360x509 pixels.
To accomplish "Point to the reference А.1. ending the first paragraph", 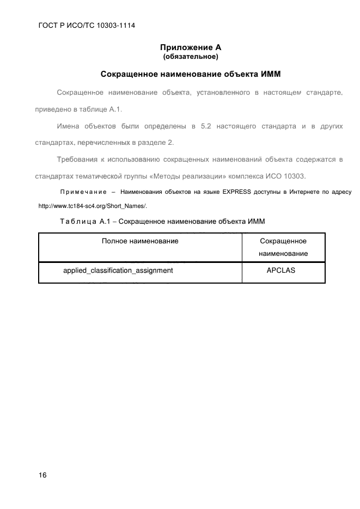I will [x=116, y=109].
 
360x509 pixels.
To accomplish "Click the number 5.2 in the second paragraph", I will [x=205, y=126].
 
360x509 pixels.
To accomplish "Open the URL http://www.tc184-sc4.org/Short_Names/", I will [x=93, y=206].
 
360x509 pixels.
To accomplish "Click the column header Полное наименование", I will [x=140, y=240].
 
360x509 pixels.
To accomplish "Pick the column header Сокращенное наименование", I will [x=283, y=247].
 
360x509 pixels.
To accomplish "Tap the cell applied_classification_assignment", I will [x=118, y=270].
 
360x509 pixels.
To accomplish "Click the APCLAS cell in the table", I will [x=280, y=270].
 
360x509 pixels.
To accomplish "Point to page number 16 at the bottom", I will [x=42, y=475].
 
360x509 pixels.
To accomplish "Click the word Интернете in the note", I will [x=297, y=192].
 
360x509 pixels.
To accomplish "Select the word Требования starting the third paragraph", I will [x=76, y=160].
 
